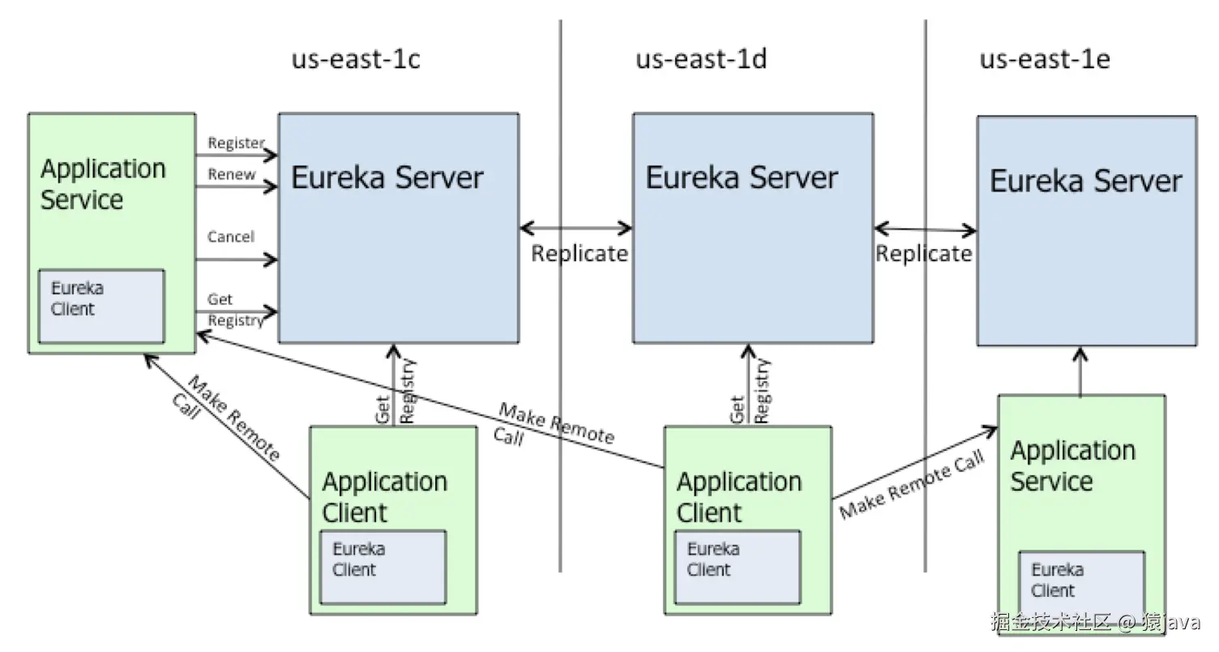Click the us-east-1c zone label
(x=356, y=60)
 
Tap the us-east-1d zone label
(x=701, y=60)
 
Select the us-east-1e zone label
(x=1045, y=60)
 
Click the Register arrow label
(x=236, y=144)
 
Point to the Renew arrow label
(x=231, y=174)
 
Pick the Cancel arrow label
(x=231, y=237)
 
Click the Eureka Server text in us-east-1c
(x=387, y=178)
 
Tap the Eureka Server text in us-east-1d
(x=741, y=178)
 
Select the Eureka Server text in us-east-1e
(x=1085, y=181)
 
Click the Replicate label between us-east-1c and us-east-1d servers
(x=579, y=254)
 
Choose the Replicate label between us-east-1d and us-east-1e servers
(x=923, y=254)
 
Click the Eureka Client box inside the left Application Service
(x=102, y=306)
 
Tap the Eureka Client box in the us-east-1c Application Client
(x=383, y=567)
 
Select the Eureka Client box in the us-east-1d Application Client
(x=738, y=567)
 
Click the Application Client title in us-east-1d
(x=738, y=497)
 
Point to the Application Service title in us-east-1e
(x=1072, y=466)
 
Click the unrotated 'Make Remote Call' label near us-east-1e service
(x=912, y=485)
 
